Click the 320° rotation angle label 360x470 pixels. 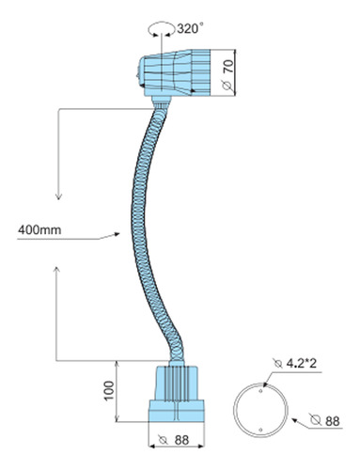coord(188,29)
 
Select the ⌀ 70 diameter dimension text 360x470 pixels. coord(228,74)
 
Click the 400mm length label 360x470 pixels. coord(39,230)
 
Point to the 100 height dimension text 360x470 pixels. coord(109,390)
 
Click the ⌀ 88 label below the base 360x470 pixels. coord(174,440)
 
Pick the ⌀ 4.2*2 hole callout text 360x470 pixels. coord(295,364)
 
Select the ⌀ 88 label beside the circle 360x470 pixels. coord(324,421)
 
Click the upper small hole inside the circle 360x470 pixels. coord(260,391)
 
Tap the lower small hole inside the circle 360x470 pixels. coord(260,431)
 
